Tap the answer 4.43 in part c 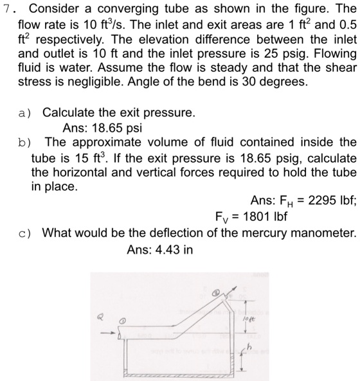[169, 247]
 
